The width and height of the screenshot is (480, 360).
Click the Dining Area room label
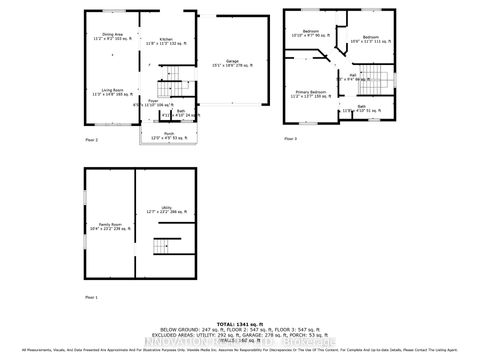pyautogui.click(x=112, y=36)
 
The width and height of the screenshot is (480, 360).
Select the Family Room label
pyautogui.click(x=110, y=226)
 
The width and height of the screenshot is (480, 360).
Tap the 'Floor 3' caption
pyautogui.click(x=290, y=137)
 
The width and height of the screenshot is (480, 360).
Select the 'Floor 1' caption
pyautogui.click(x=91, y=298)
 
